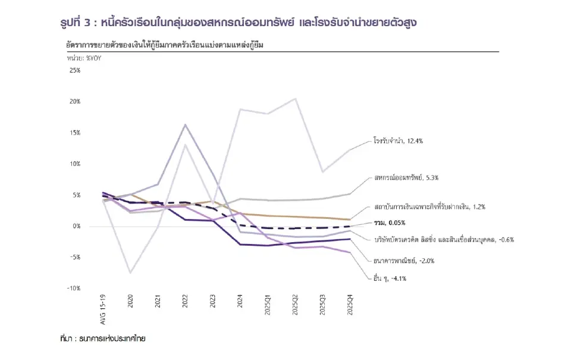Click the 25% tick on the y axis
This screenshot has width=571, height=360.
coord(75,70)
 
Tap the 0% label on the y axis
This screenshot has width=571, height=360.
coord(77,226)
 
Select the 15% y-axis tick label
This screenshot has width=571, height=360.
coord(75,133)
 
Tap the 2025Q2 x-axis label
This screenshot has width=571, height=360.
coord(295,305)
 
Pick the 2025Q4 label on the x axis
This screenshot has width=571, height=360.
coord(350,305)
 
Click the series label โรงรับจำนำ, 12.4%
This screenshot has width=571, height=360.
coord(398,142)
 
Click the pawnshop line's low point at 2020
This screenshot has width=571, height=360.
coord(131,273)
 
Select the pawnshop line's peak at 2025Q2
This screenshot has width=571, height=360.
coord(295,99)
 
